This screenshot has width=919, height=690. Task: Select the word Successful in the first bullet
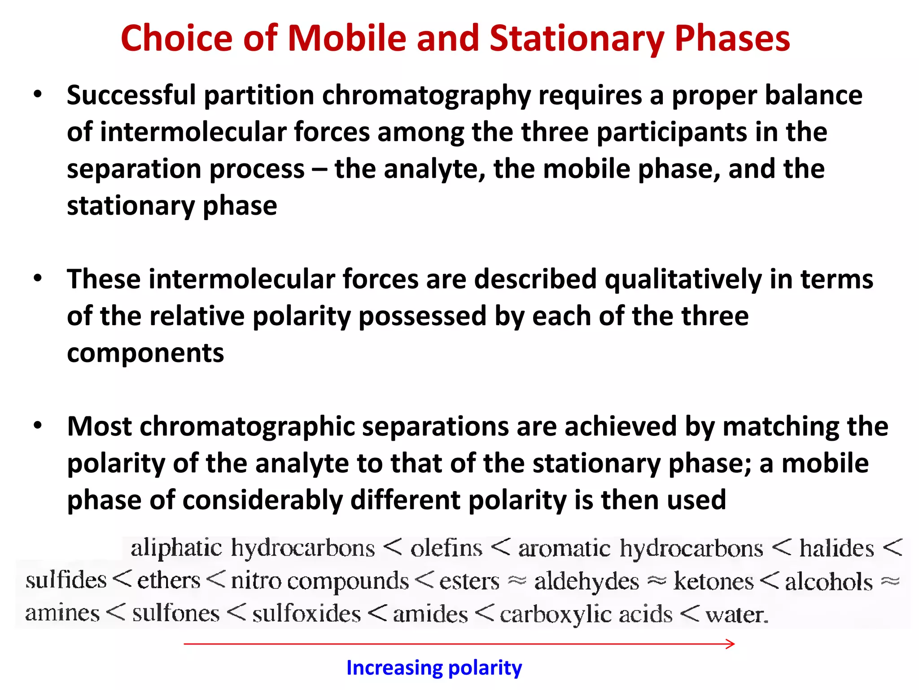click(131, 96)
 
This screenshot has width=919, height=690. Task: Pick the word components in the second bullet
click(145, 353)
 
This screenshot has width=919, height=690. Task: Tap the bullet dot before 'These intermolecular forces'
click(38, 279)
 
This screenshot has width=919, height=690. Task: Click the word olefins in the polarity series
click(446, 548)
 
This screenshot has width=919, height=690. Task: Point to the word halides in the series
click(837, 548)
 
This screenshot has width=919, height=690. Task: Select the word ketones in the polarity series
click(713, 582)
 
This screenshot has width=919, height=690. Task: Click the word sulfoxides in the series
click(306, 614)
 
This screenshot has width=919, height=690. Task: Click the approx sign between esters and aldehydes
click(516, 581)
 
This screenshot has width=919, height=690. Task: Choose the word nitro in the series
click(256, 581)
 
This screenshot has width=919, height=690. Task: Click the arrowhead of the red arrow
click(731, 644)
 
